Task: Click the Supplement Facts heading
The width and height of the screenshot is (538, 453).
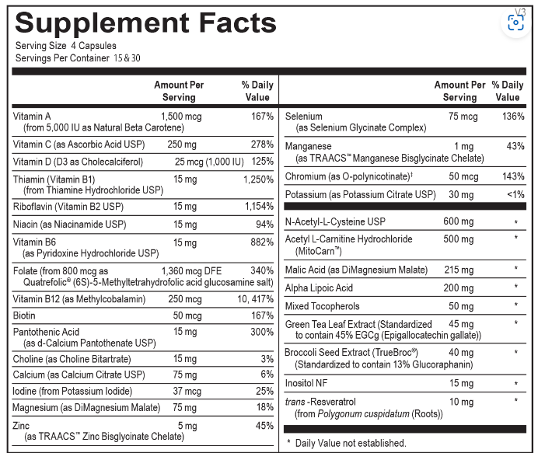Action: pyautogui.click(x=145, y=23)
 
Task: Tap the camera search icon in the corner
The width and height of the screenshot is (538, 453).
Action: pyautogui.click(x=515, y=22)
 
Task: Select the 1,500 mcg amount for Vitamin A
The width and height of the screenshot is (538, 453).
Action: pyautogui.click(x=182, y=116)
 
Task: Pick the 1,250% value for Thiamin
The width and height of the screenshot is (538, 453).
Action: pyautogui.click(x=258, y=179)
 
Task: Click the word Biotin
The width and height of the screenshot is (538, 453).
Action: pyautogui.click(x=24, y=315)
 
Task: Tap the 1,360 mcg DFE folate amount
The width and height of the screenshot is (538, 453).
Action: pyautogui.click(x=190, y=270)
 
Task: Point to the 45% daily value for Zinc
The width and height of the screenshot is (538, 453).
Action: pyautogui.click(x=264, y=425)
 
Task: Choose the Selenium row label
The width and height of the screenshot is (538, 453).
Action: pyautogui.click(x=304, y=117)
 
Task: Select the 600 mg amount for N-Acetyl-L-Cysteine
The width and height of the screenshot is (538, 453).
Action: pyautogui.click(x=458, y=221)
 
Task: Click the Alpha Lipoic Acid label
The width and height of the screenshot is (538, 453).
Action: pyautogui.click(x=319, y=288)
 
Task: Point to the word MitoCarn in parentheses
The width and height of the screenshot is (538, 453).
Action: pyautogui.click(x=319, y=251)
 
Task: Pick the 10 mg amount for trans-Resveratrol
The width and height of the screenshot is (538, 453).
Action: pyautogui.click(x=460, y=402)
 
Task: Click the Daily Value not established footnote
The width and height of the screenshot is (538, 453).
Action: pyautogui.click(x=346, y=443)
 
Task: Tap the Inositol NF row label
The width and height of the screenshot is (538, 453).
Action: pyautogui.click(x=308, y=383)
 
